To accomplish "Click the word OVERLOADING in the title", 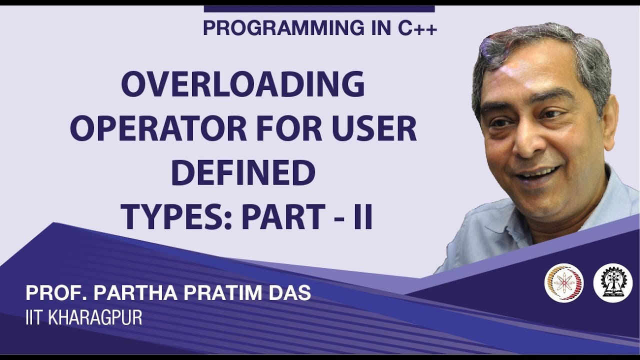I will pos(243,85).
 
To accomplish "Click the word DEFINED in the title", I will pos(243,173).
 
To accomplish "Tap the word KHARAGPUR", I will pos(95,318).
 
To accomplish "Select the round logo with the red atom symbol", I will pos(564,282).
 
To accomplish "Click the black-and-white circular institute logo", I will pos(612,282).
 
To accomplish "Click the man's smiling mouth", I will pos(537,174).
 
